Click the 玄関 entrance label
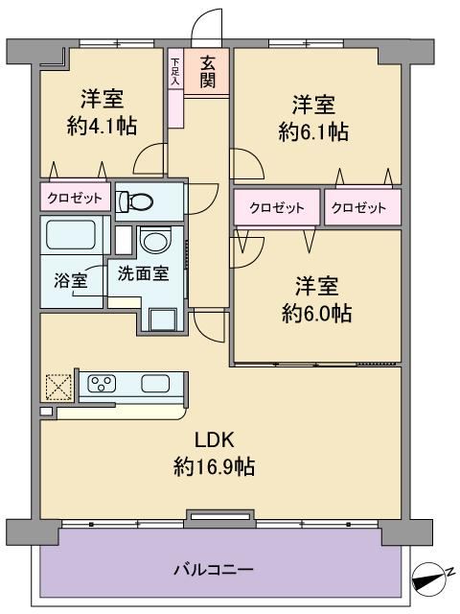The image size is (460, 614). coord(208,72)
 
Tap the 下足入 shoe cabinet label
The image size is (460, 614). coord(175,72)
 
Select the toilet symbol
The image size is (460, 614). coord(135,201)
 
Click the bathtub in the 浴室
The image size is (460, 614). coord(70,235)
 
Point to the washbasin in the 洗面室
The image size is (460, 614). coord(155,241)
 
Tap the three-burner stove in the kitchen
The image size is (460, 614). coord(102,383)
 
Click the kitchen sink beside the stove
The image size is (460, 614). coord(155,383)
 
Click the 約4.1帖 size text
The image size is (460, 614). coord(102,126)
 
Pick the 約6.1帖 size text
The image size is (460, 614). coord(313,131)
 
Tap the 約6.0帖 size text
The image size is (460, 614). coord(316,313)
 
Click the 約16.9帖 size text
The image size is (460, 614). coord(214,467)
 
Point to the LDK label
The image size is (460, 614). coord(215,439)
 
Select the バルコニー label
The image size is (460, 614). coord(214,569)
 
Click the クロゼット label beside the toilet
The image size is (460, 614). coord(75,199)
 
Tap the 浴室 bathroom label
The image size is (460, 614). coord(71,280)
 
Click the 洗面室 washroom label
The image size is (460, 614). coord(143,273)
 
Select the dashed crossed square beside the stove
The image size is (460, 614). coord(58,388)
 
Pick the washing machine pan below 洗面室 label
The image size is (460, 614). coord(164,319)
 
